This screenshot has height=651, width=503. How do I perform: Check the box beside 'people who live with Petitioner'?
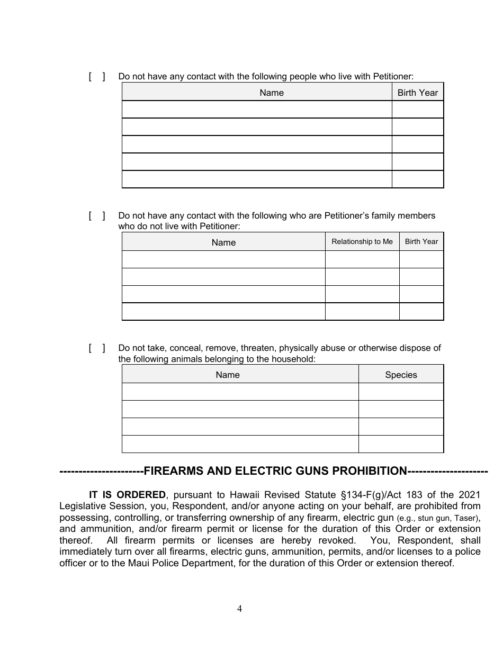97,77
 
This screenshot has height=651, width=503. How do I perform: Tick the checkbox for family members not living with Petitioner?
97,216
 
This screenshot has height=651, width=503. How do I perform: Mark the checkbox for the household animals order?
97,348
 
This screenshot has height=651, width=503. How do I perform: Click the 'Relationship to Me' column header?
362,242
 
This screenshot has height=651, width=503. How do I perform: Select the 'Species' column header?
401,375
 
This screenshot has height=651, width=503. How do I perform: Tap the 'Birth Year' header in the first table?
418,93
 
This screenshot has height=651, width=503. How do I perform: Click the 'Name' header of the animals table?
228,375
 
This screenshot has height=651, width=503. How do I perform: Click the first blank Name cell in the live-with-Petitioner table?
257,110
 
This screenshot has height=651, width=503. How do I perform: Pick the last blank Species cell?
401,444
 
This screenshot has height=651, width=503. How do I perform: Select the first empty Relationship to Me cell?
362,259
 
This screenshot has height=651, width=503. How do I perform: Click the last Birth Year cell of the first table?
418,179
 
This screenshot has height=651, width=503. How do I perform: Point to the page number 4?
239,609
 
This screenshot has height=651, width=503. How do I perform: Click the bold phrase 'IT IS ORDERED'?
127,495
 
